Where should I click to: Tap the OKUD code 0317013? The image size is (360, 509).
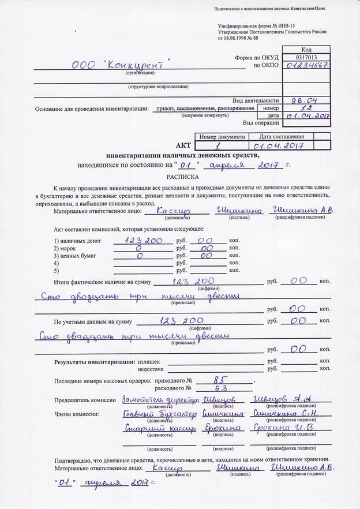pos(306,58)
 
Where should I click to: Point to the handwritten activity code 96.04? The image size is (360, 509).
pos(306,100)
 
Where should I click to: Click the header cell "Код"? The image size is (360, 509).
pos(306,50)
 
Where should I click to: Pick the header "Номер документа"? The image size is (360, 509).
pos(222,137)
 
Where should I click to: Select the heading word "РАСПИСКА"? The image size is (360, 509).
pos(182,177)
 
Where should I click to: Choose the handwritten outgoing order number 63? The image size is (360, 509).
pos(217,388)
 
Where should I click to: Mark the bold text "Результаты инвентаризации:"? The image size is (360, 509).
pos(95,361)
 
